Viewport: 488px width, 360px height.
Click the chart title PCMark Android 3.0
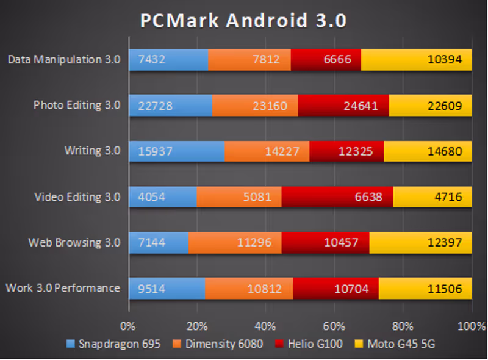[x=243, y=21]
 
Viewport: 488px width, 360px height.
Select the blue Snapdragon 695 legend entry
[x=113, y=344]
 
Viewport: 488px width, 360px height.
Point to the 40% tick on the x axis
[x=265, y=325]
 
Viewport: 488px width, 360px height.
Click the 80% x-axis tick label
[x=403, y=325]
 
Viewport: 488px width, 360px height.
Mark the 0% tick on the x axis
[x=128, y=325]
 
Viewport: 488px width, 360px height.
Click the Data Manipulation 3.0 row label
[x=64, y=60]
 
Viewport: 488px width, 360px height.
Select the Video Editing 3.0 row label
[x=77, y=197]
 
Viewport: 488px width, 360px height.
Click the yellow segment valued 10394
[x=416, y=60]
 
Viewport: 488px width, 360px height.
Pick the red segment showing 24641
[x=343, y=106]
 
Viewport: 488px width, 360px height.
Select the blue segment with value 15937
[x=176, y=151]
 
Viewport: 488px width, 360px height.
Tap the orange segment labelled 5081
[x=239, y=197]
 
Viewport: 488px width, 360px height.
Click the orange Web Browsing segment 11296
[x=235, y=243]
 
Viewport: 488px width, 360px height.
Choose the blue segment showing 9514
[x=167, y=289]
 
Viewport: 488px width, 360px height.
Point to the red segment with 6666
[x=326, y=60]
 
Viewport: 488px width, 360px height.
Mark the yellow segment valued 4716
[x=432, y=197]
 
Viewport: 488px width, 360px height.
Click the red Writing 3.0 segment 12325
[x=346, y=151]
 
